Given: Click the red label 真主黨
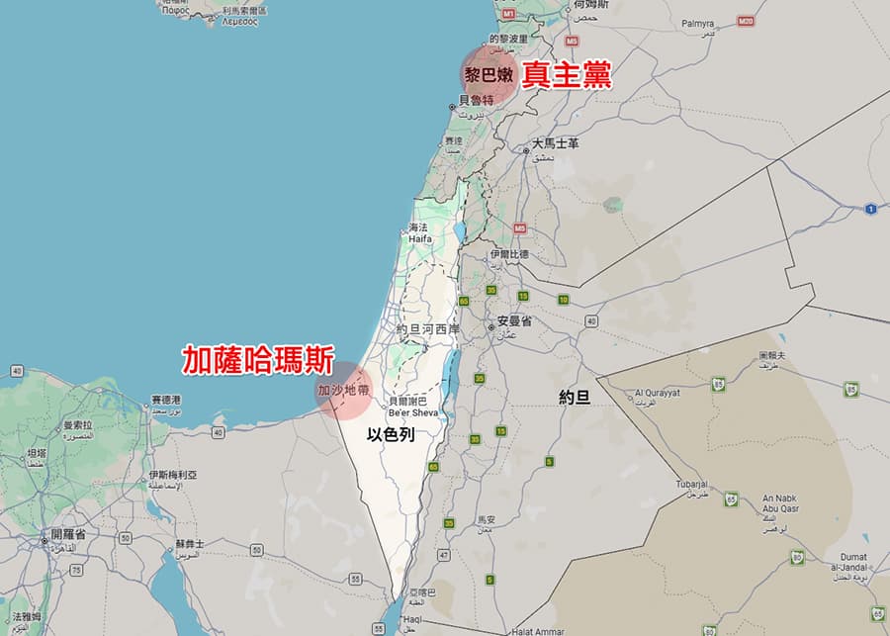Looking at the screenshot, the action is (x=567, y=75).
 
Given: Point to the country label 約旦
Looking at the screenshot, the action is (x=575, y=397).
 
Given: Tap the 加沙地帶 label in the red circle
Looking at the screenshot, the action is (x=343, y=391).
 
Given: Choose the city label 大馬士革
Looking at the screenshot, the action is (x=555, y=143).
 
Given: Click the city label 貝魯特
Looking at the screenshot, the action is (x=476, y=100).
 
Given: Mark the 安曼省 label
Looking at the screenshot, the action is (x=514, y=321).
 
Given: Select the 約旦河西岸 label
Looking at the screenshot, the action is (x=427, y=328).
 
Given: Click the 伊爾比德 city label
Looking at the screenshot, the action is (x=509, y=254).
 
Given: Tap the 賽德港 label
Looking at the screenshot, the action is (x=166, y=400).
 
